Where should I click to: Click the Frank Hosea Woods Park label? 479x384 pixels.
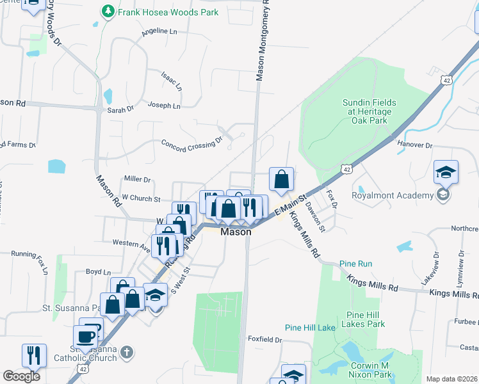(166, 12)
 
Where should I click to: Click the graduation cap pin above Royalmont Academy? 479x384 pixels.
(446, 172)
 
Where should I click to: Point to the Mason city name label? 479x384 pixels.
(235, 232)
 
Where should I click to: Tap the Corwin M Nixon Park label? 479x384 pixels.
(377, 369)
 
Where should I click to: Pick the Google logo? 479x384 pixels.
(21, 376)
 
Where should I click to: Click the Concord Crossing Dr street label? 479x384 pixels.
(191, 145)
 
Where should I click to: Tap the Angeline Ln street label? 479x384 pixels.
(159, 31)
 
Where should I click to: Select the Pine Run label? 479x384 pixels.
(355, 264)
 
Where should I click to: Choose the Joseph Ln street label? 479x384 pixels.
(164, 105)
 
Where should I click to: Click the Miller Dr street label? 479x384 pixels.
(137, 180)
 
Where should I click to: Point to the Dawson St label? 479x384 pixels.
(316, 215)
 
